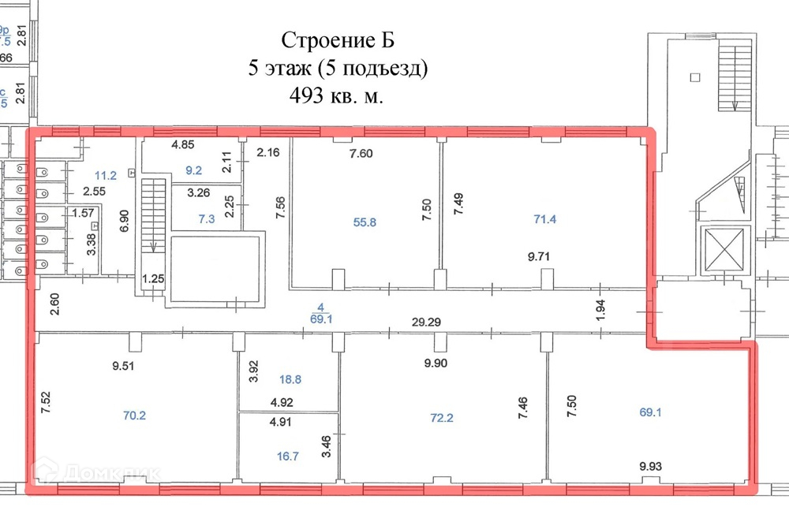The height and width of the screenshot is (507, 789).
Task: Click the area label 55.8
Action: click(364, 222)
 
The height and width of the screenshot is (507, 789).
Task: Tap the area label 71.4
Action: click(545, 219)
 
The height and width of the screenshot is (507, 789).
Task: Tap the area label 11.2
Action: click(105, 176)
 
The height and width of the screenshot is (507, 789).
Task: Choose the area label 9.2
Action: click(194, 169)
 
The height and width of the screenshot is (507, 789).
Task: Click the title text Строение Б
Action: click(338, 40)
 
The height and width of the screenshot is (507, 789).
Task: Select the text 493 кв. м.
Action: click(338, 96)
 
